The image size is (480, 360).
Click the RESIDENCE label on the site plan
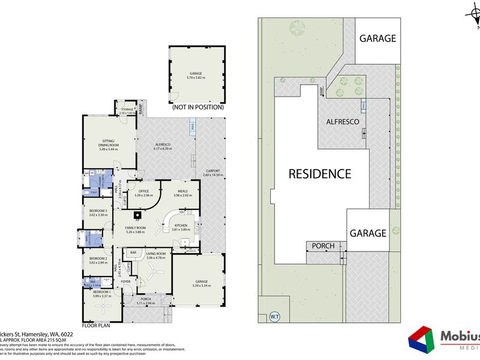320,174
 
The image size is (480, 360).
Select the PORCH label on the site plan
319,246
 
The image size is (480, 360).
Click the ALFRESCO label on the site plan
342,122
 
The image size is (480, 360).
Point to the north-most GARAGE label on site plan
377,38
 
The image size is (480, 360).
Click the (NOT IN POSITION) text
197,108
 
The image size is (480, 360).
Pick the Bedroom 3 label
97,212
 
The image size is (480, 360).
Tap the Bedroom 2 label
97,260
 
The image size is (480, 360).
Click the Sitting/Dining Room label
109,145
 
